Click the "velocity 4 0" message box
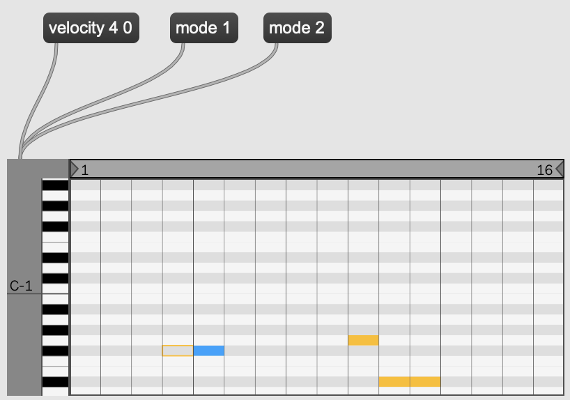pyautogui.click(x=91, y=28)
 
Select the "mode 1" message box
pyautogui.click(x=204, y=28)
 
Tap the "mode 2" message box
pyautogui.click(x=298, y=28)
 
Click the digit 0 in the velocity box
pyautogui.click(x=128, y=28)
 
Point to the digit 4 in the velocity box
pyautogui.click(x=113, y=28)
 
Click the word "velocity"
pyautogui.click(x=77, y=29)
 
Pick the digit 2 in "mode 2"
pyautogui.click(x=320, y=28)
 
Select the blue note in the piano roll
pyautogui.click(x=208, y=351)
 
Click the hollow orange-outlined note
pyautogui.click(x=178, y=351)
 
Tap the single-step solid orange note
pyautogui.click(x=364, y=340)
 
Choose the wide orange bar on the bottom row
pyautogui.click(x=410, y=382)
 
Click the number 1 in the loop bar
pyautogui.click(x=85, y=170)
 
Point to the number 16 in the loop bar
pyautogui.click(x=544, y=170)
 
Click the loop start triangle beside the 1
pyautogui.click(x=75, y=169)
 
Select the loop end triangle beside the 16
pyautogui.click(x=560, y=169)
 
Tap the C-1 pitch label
pyautogui.click(x=21, y=286)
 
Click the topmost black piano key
pyautogui.click(x=55, y=185)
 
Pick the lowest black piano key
pyautogui.click(x=55, y=382)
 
